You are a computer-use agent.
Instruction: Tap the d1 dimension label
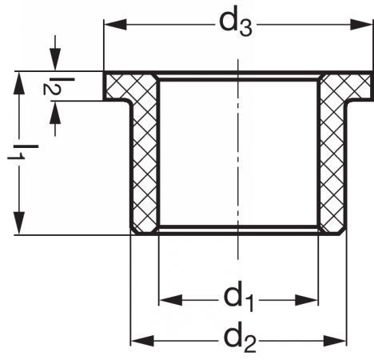click(x=239, y=298)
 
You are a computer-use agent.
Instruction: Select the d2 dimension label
click(x=240, y=338)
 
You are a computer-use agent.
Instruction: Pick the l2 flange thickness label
click(x=58, y=86)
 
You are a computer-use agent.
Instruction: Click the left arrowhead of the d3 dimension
click(x=115, y=25)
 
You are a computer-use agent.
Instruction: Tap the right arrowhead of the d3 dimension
click(x=361, y=25)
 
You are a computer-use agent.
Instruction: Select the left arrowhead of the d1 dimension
click(x=171, y=300)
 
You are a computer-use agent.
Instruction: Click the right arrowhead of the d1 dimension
click(x=307, y=301)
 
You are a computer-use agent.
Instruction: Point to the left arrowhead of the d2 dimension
click(x=142, y=341)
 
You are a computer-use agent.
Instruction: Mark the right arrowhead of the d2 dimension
click(x=335, y=341)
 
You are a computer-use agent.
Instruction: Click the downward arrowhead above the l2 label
click(x=55, y=59)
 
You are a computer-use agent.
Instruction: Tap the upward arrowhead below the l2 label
click(x=55, y=113)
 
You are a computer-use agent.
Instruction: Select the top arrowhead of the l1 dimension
click(x=19, y=83)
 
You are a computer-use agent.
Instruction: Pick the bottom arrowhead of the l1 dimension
click(x=19, y=223)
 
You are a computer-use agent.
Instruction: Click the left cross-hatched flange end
click(x=117, y=86)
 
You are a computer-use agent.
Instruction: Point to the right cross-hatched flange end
click(x=359, y=86)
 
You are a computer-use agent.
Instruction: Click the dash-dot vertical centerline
click(x=238, y=159)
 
